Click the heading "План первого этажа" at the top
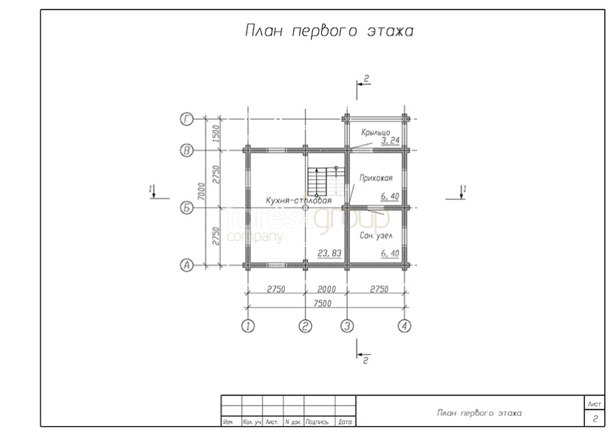(x=329, y=32)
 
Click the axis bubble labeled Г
(x=186, y=119)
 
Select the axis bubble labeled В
(x=186, y=150)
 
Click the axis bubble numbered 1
(x=248, y=326)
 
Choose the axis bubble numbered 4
(x=405, y=326)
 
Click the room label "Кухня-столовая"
(x=299, y=201)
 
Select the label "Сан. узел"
(x=377, y=235)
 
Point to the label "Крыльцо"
(x=375, y=131)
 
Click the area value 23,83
(x=330, y=253)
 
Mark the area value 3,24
(x=391, y=140)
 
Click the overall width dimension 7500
(x=323, y=303)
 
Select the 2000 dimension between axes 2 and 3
(x=326, y=289)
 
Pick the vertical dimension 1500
(x=215, y=134)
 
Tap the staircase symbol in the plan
(x=320, y=182)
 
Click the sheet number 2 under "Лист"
(x=595, y=419)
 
